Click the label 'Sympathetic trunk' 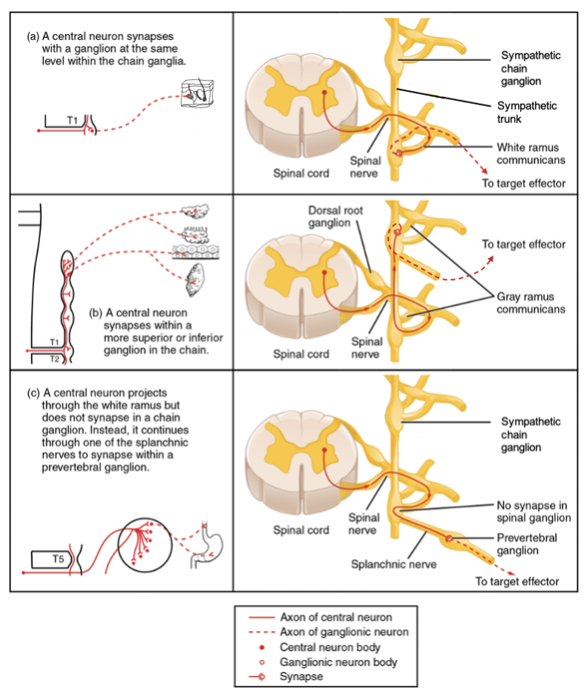526,112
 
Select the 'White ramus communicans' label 531,153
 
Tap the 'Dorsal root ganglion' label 337,216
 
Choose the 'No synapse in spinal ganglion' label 533,510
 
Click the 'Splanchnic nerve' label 393,564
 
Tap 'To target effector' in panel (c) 516,582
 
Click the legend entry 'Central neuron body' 330,647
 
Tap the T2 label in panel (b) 55,358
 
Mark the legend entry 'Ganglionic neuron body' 338,662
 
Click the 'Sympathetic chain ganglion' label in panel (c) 531,435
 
